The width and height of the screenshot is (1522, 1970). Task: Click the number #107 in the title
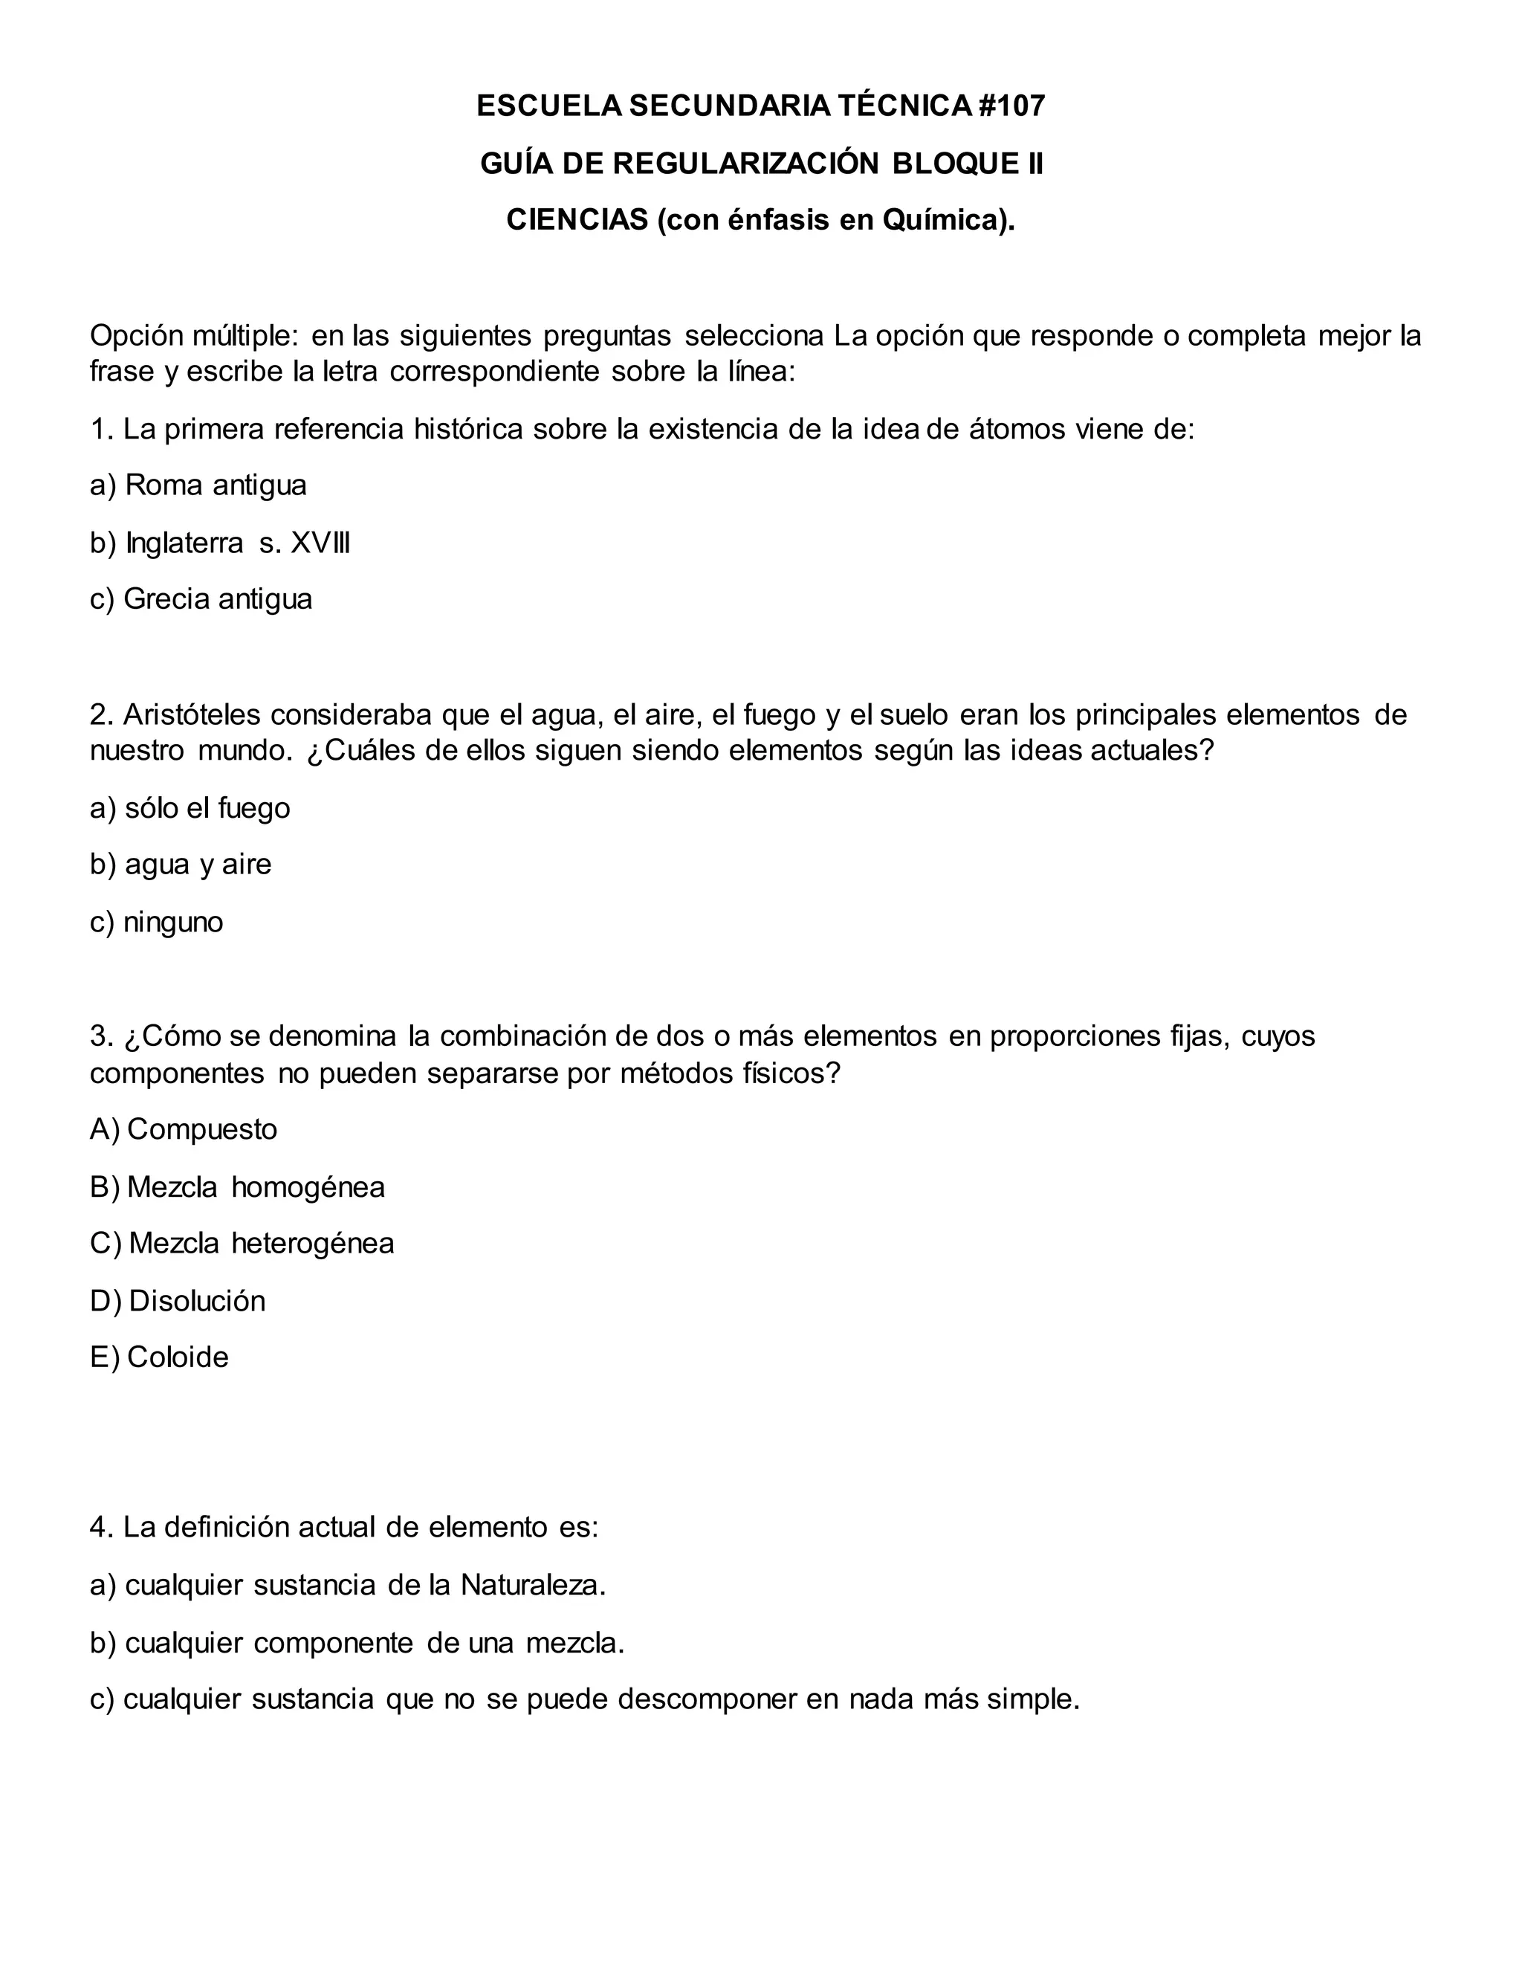coord(1011,106)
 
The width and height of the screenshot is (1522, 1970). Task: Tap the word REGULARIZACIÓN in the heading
coord(745,164)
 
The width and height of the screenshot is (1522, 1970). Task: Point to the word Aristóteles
coord(191,714)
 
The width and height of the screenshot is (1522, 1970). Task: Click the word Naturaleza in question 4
coord(532,1585)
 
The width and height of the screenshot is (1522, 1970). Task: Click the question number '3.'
coord(101,1036)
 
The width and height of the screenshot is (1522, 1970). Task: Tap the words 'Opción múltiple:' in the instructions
coord(193,335)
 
